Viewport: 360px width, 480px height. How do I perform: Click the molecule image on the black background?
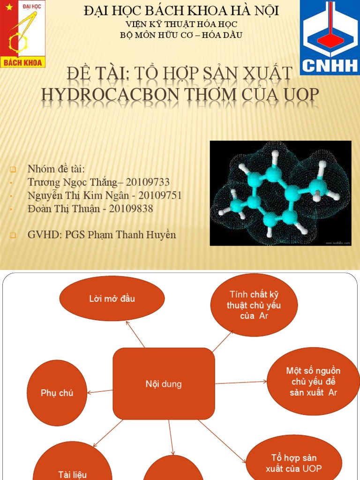click(x=280, y=193)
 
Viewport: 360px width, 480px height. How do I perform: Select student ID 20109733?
click(x=147, y=182)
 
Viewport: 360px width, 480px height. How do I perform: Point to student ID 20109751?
click(x=158, y=195)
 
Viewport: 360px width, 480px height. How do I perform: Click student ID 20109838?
click(x=131, y=209)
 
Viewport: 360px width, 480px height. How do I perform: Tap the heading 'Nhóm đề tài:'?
click(x=56, y=169)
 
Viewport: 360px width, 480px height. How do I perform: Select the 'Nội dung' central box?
click(x=164, y=384)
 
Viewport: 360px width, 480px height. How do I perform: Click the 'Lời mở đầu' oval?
click(x=112, y=299)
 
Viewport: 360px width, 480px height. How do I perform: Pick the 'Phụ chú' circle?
click(x=57, y=393)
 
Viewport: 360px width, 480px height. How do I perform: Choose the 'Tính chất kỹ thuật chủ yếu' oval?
click(x=254, y=305)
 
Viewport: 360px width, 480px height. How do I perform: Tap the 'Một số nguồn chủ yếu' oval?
click(x=313, y=382)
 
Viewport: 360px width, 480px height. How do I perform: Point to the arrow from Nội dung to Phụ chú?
click(x=100, y=391)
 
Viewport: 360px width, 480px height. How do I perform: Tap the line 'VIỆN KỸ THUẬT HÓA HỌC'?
click(x=181, y=24)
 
